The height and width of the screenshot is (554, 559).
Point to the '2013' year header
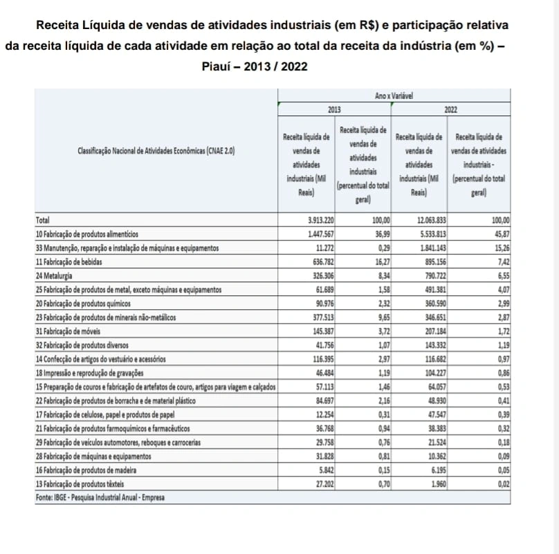click(335, 109)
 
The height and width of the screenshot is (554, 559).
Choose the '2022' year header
click(450, 109)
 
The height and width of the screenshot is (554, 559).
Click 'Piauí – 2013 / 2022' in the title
click(255, 67)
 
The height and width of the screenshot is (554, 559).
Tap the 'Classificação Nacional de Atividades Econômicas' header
click(156, 151)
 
